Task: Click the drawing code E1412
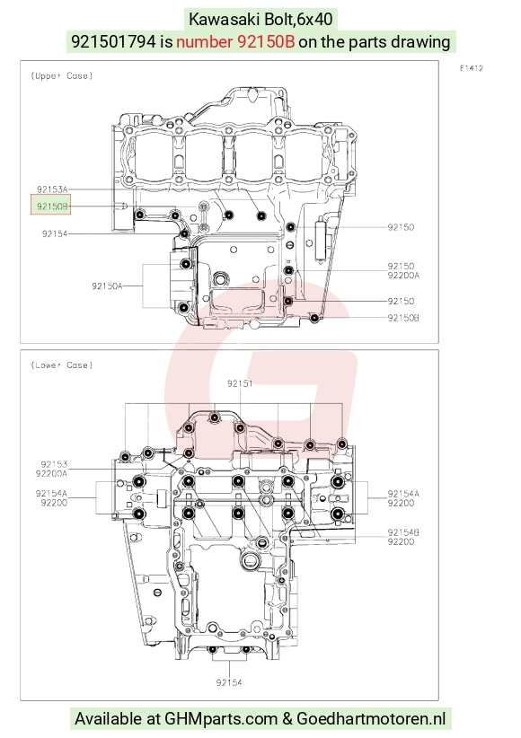tap(472, 68)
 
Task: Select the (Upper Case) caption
tap(62, 75)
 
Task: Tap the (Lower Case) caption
tap(62, 365)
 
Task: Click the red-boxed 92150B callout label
tap(51, 206)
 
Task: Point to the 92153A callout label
tap(52, 189)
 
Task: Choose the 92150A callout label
tap(107, 286)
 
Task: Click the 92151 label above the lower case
tap(240, 383)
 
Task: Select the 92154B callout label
tap(403, 532)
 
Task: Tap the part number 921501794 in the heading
tap(113, 42)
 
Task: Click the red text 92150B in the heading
tap(235, 42)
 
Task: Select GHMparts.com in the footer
tap(221, 719)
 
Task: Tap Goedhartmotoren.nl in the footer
tap(371, 719)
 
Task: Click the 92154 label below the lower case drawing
tap(229, 682)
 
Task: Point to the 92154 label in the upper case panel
tap(55, 233)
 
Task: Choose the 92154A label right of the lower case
tap(403, 494)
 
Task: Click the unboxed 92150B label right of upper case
tap(403, 318)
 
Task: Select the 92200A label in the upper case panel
tap(403, 276)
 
